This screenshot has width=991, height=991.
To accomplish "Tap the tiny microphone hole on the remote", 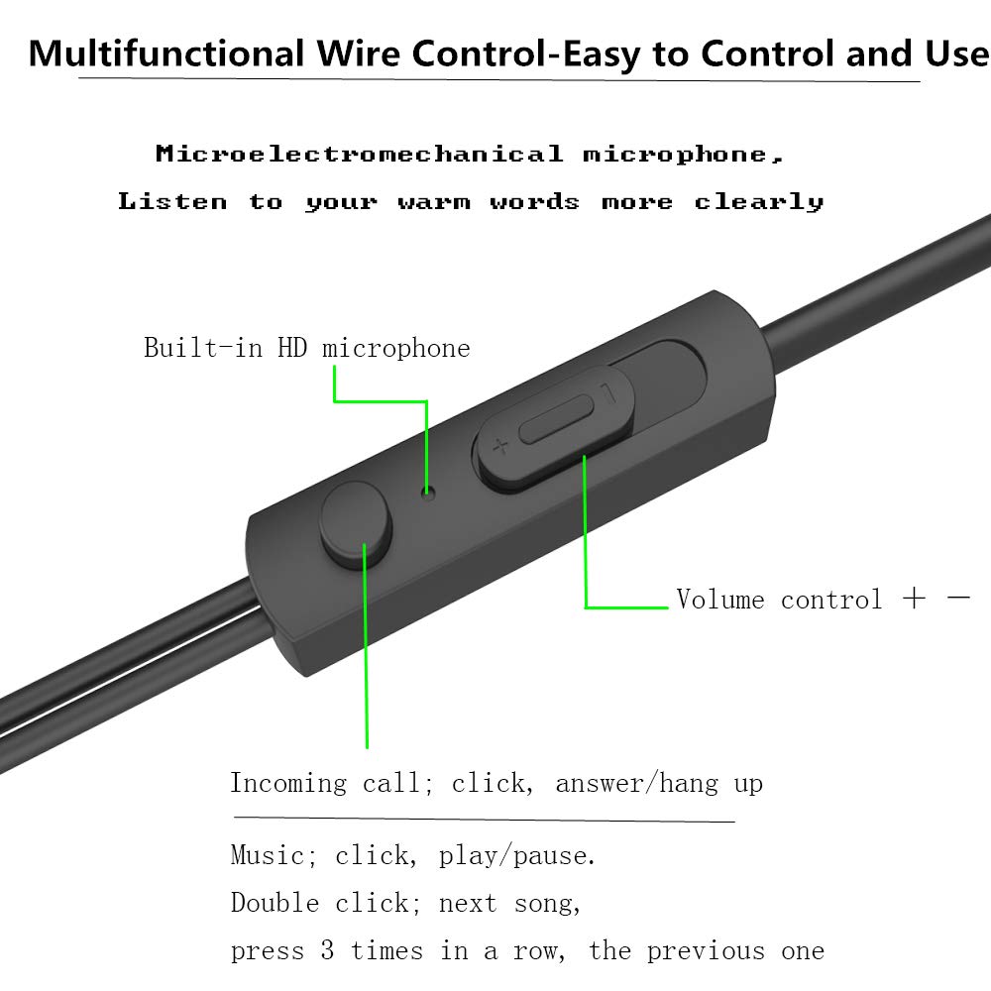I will (428, 490).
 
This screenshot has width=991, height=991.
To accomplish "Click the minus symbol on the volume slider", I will (608, 394).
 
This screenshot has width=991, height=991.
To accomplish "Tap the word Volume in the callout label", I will (720, 600).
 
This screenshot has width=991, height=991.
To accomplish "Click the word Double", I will (275, 903).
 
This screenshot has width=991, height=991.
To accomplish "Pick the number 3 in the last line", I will (327, 951).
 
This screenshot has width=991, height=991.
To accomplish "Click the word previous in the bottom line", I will (706, 951).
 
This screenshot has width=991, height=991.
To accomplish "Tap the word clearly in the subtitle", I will (758, 202).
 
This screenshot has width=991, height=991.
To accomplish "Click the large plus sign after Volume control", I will (914, 599).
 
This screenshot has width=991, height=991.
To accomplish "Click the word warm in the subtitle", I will (433, 202).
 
